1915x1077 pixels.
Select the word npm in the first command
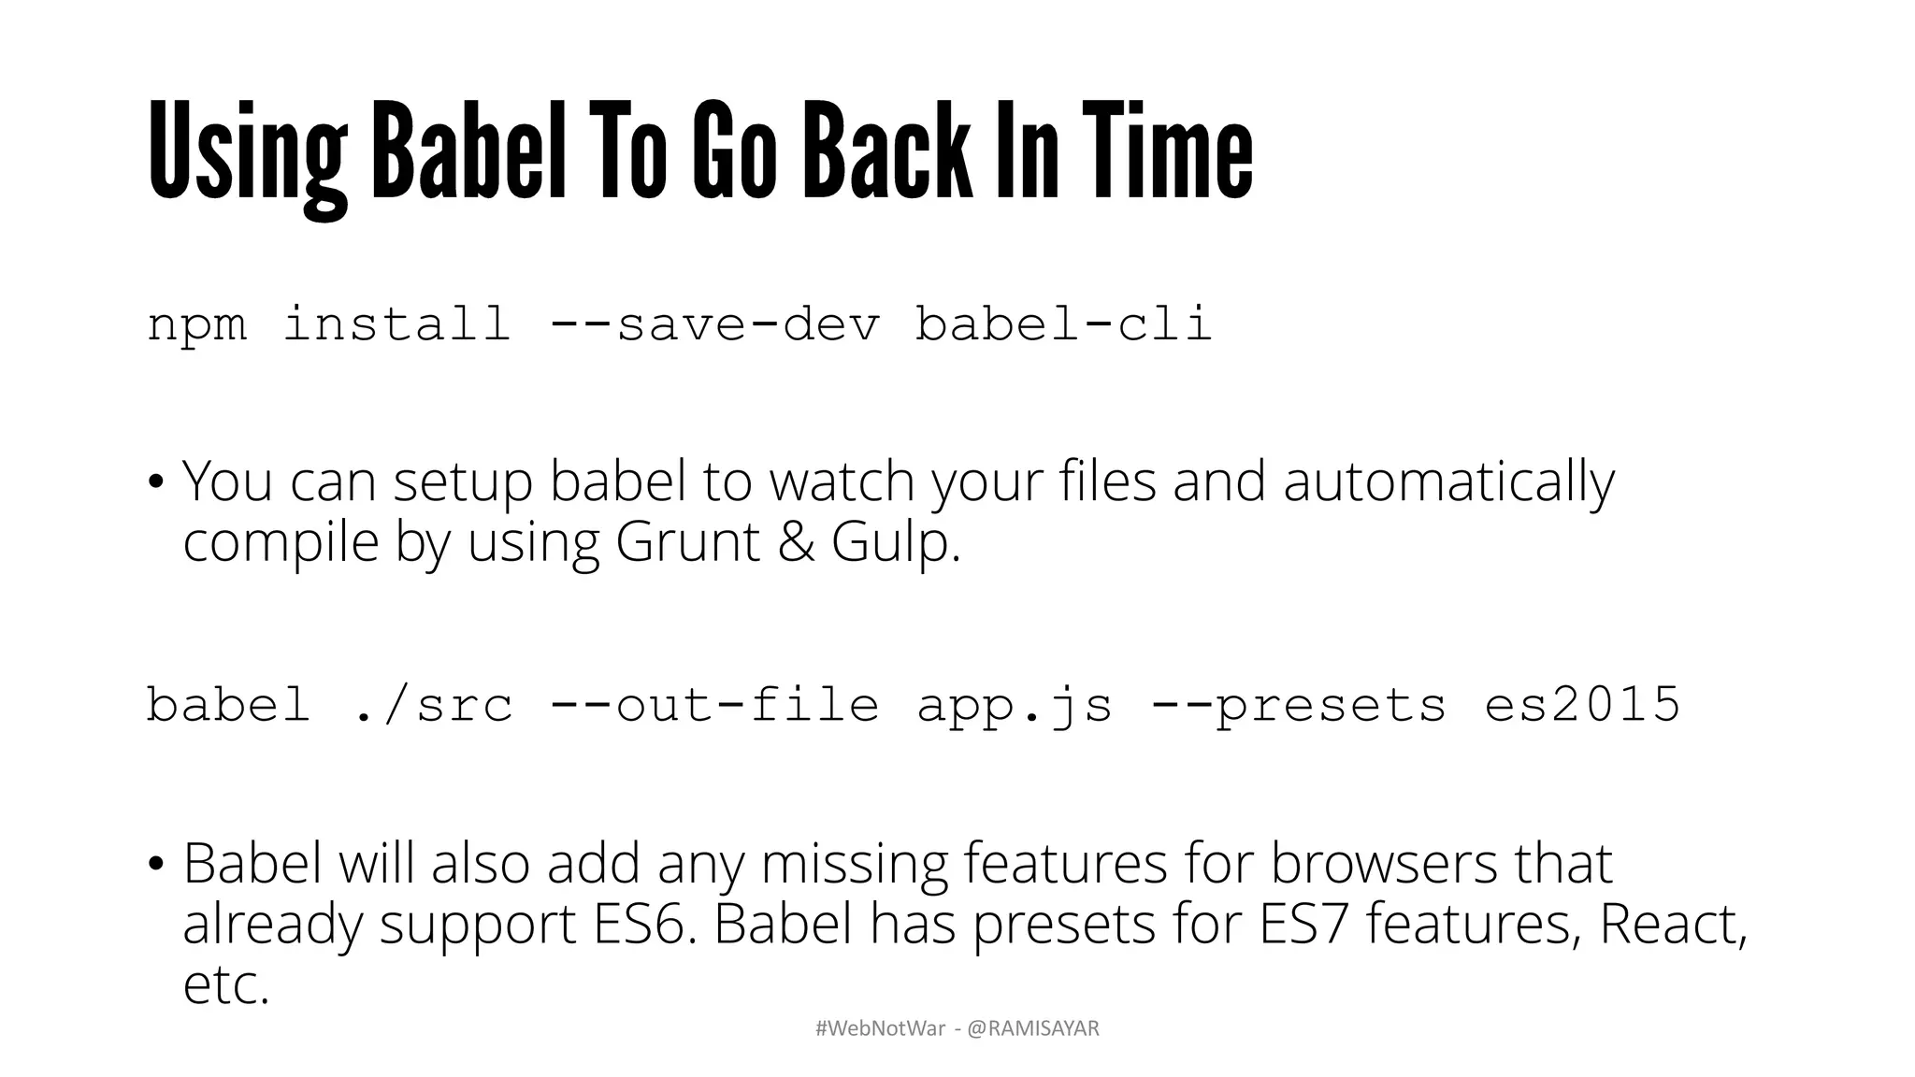pyautogui.click(x=197, y=325)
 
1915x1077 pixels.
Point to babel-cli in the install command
pyautogui.click(x=1063, y=325)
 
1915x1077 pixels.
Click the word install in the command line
pyautogui.click(x=397, y=325)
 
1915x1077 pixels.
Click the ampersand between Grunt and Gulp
pyautogui.click(x=796, y=542)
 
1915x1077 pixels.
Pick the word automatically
pyautogui.click(x=1448, y=482)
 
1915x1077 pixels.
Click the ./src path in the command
pyautogui.click(x=435, y=705)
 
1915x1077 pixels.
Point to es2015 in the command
pyautogui.click(x=1582, y=705)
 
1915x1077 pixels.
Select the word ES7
pyautogui.click(x=1304, y=924)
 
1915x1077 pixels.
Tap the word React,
pyautogui.click(x=1673, y=924)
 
